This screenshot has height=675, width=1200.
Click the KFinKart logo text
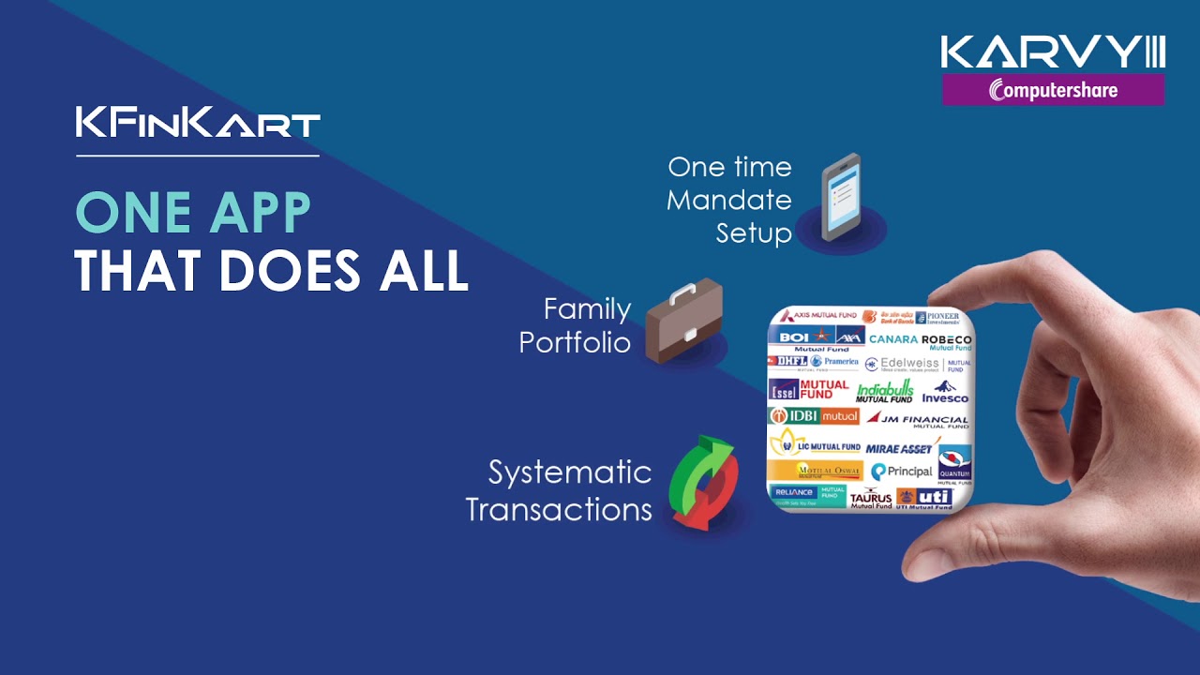(x=198, y=123)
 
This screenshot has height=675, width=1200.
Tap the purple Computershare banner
(x=1053, y=90)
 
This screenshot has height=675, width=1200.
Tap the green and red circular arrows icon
(x=703, y=483)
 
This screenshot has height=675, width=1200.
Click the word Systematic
(x=569, y=472)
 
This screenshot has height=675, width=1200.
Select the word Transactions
(x=559, y=510)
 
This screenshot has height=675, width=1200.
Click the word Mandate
(x=728, y=200)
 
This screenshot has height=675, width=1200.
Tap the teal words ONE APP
(x=193, y=213)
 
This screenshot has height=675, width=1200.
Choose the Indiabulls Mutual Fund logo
(x=884, y=392)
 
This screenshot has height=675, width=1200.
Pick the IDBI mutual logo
(x=814, y=415)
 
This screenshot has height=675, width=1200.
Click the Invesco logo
(x=944, y=392)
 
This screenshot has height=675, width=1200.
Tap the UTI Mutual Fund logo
(x=924, y=499)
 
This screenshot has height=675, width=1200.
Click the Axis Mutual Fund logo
(x=813, y=315)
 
